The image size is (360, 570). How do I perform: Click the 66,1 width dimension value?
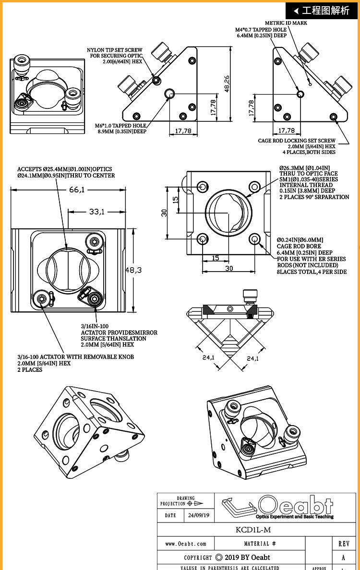[77, 190]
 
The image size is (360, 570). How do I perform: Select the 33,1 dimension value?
[97, 211]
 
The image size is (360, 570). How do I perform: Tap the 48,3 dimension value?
[133, 270]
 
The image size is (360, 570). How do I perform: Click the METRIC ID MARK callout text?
[286, 23]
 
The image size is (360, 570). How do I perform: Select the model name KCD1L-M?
[253, 530]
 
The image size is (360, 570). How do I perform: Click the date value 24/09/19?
[199, 515]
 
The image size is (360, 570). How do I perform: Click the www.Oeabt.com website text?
[185, 544]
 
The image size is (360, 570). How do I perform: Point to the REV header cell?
[344, 544]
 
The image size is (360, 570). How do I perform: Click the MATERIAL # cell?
[260, 544]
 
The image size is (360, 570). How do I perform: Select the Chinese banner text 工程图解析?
[325, 10]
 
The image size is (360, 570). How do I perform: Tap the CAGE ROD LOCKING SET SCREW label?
[297, 146]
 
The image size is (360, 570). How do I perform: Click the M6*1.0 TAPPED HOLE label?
[121, 128]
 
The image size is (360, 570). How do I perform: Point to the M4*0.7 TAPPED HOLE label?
[261, 33]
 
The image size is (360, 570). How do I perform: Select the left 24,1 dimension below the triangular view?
[208, 358]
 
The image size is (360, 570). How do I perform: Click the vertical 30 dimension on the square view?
[164, 213]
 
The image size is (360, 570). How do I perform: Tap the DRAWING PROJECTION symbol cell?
[186, 501]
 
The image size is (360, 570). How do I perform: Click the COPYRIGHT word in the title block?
[198, 557]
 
